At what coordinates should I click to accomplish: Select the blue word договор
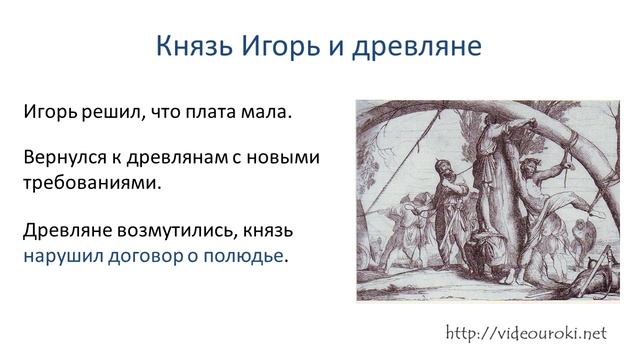pos(145,256)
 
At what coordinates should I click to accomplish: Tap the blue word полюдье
pos(245,256)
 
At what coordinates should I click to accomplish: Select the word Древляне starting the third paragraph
pos(67,231)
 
